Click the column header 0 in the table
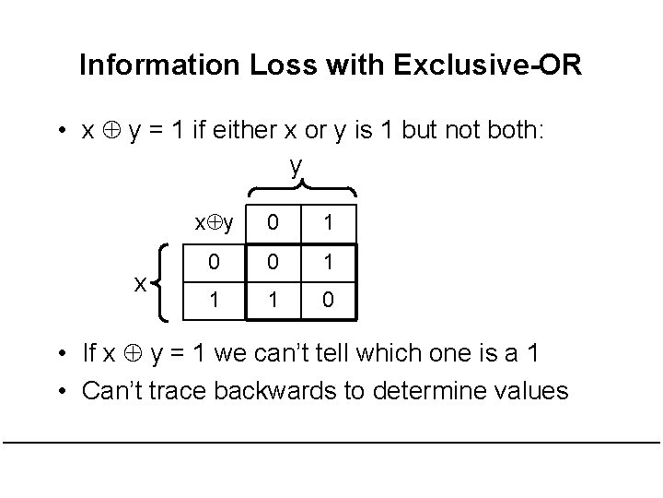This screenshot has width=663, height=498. tap(273, 221)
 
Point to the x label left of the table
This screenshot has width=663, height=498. tap(139, 283)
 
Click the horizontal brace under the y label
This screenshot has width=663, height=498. tap(297, 187)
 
